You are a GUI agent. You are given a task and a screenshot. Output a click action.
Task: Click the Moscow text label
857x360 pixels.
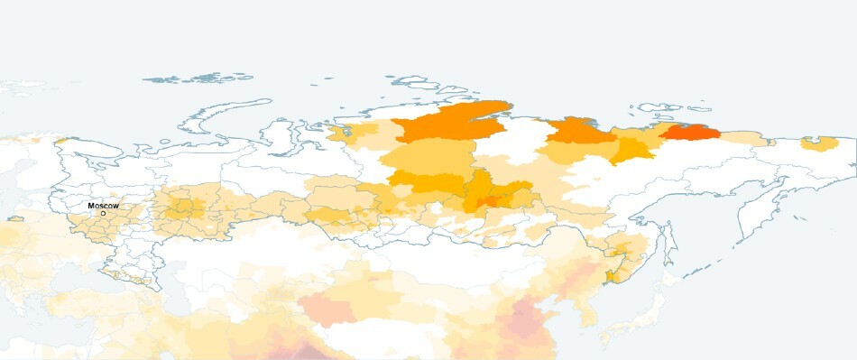[x=103, y=206]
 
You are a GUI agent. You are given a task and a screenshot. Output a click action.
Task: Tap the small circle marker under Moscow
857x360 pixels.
[x=103, y=214]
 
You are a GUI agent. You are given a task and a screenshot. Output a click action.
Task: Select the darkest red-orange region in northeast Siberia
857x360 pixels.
[x=690, y=134]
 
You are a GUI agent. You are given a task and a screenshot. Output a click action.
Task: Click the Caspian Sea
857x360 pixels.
[x=171, y=280]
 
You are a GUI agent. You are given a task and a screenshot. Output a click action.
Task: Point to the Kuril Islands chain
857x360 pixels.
[x=713, y=262]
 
